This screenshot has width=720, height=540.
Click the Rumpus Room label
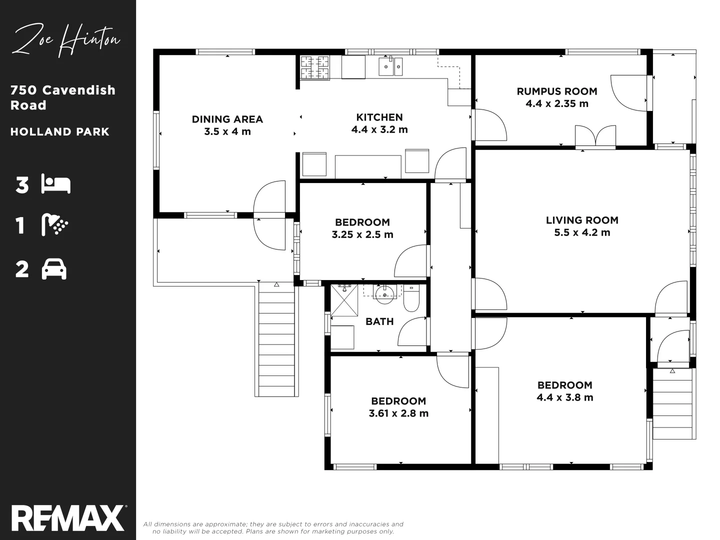[556, 91]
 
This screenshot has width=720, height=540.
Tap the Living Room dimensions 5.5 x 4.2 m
[582, 232]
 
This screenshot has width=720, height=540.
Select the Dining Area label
[227, 119]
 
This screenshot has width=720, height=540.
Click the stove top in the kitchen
[314, 67]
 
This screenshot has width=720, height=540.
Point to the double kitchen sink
[390, 66]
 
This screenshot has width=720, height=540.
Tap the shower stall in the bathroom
[344, 300]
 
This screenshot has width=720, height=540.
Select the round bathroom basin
[385, 294]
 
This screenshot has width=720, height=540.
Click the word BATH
[379, 321]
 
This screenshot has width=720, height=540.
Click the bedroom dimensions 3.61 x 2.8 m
[398, 413]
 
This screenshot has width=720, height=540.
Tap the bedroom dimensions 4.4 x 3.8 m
[564, 397]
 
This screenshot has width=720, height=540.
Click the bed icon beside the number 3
[56, 184]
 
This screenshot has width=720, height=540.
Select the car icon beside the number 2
[54, 269]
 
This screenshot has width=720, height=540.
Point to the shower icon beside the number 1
[55, 225]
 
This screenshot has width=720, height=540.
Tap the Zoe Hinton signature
[66, 40]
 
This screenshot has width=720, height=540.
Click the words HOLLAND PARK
[60, 132]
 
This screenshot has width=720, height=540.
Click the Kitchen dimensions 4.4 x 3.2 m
[379, 129]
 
